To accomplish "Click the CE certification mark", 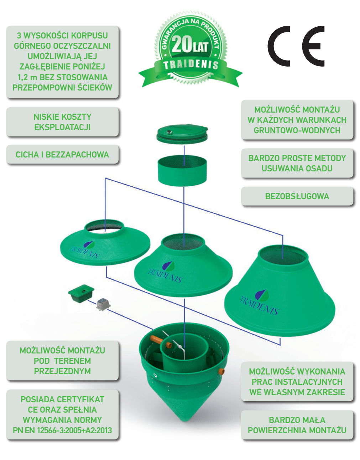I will [x=296, y=46].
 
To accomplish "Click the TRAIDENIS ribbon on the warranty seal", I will [x=191, y=64].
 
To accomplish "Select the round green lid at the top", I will [x=182, y=134].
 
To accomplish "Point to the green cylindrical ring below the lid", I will [x=182, y=171].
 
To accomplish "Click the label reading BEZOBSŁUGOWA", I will [x=297, y=196].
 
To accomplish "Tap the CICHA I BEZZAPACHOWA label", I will [x=62, y=155].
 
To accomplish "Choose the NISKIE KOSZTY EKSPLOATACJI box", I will [x=62, y=122].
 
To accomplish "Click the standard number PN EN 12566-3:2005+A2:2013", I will [x=62, y=430].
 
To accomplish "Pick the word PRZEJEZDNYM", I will [x=62, y=371].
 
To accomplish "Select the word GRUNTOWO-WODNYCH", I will [x=297, y=130].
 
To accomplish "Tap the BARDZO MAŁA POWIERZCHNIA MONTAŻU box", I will [x=297, y=425].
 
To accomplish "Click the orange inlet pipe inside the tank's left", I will [x=157, y=339].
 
